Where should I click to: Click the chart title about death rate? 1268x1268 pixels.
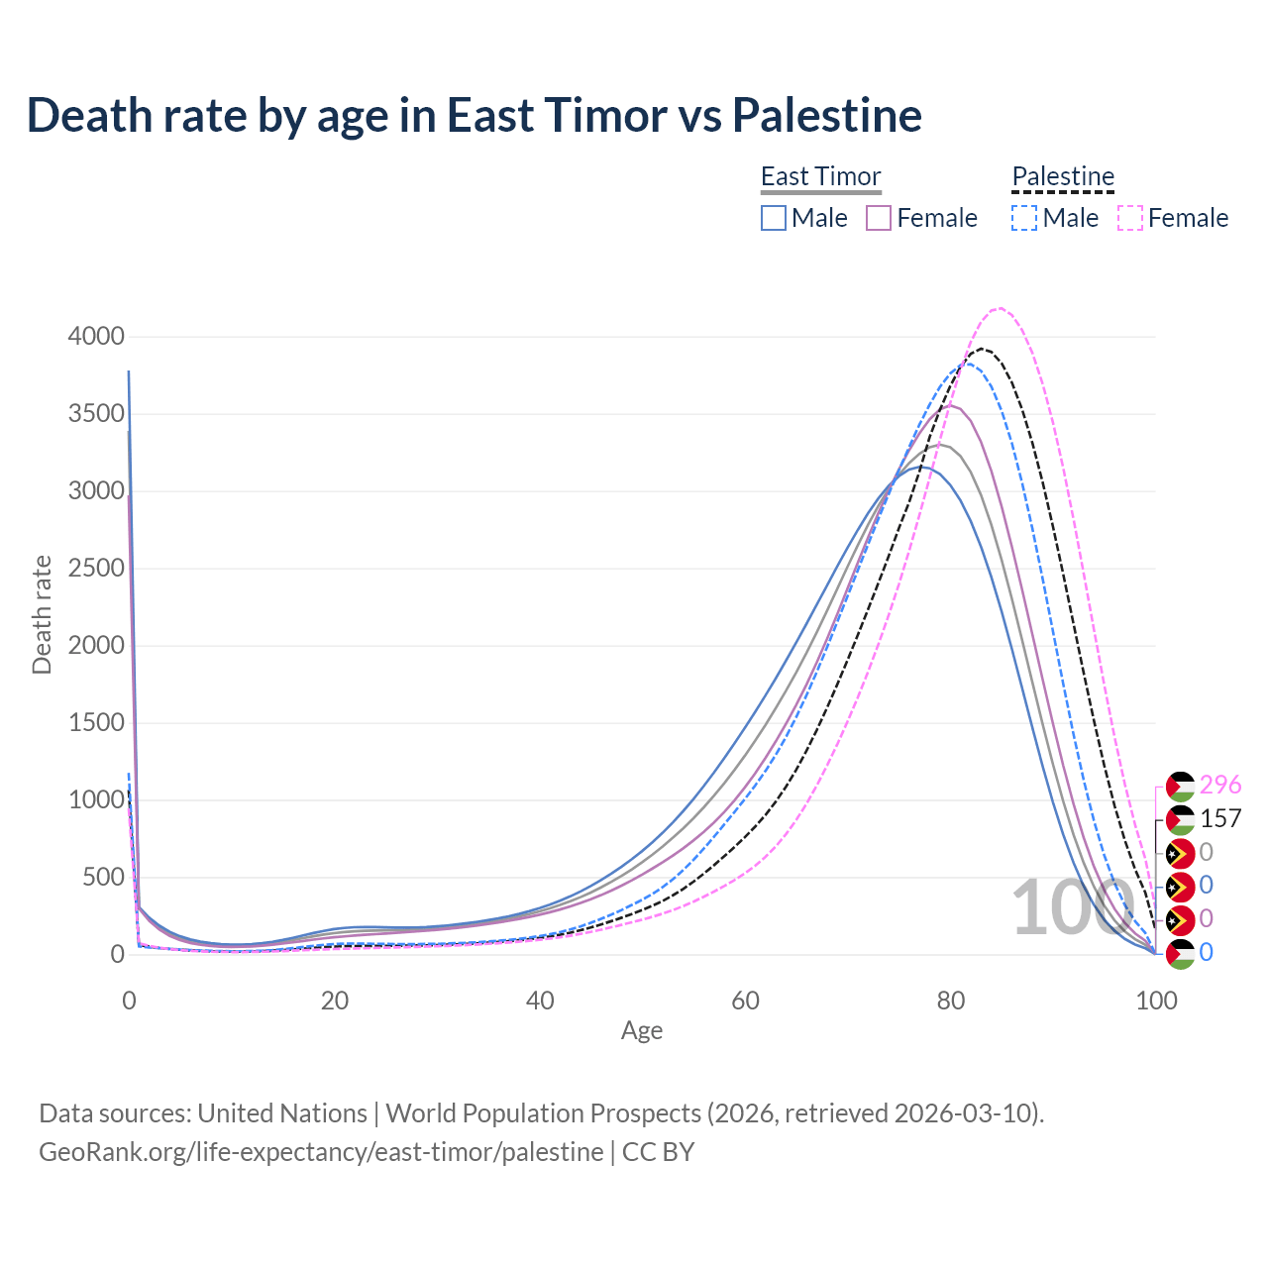475,115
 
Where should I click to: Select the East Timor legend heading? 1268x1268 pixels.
820,176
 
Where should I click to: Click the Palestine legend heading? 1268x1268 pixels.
1063,176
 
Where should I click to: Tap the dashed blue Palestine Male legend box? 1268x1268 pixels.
1024,218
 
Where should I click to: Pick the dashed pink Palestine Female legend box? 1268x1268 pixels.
1130,218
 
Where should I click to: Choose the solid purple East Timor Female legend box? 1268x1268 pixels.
879,218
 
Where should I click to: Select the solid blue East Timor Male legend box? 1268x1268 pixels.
774,218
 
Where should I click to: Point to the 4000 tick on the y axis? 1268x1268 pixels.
96,337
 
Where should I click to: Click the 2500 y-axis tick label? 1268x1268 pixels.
96,569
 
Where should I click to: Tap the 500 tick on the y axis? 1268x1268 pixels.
103,878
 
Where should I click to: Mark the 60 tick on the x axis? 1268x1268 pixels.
745,1001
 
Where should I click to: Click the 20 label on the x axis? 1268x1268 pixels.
335,1001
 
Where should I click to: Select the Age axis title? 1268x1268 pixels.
642,1031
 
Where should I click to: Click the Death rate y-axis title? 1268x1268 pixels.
42,614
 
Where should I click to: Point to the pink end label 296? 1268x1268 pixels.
1220,786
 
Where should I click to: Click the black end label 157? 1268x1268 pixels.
1220,819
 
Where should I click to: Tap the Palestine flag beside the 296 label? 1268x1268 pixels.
1181,787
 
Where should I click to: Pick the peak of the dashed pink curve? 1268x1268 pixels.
1000,308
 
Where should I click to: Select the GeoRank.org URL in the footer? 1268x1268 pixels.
321,1152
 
